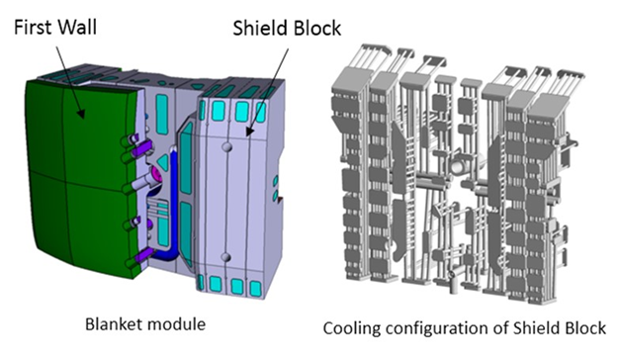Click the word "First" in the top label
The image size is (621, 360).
[x=33, y=28]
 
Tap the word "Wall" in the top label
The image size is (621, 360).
[x=77, y=28]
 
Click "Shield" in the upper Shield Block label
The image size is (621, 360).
[x=257, y=28]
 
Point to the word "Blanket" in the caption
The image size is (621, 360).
[x=114, y=324]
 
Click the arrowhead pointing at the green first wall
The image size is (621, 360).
[x=80, y=114]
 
